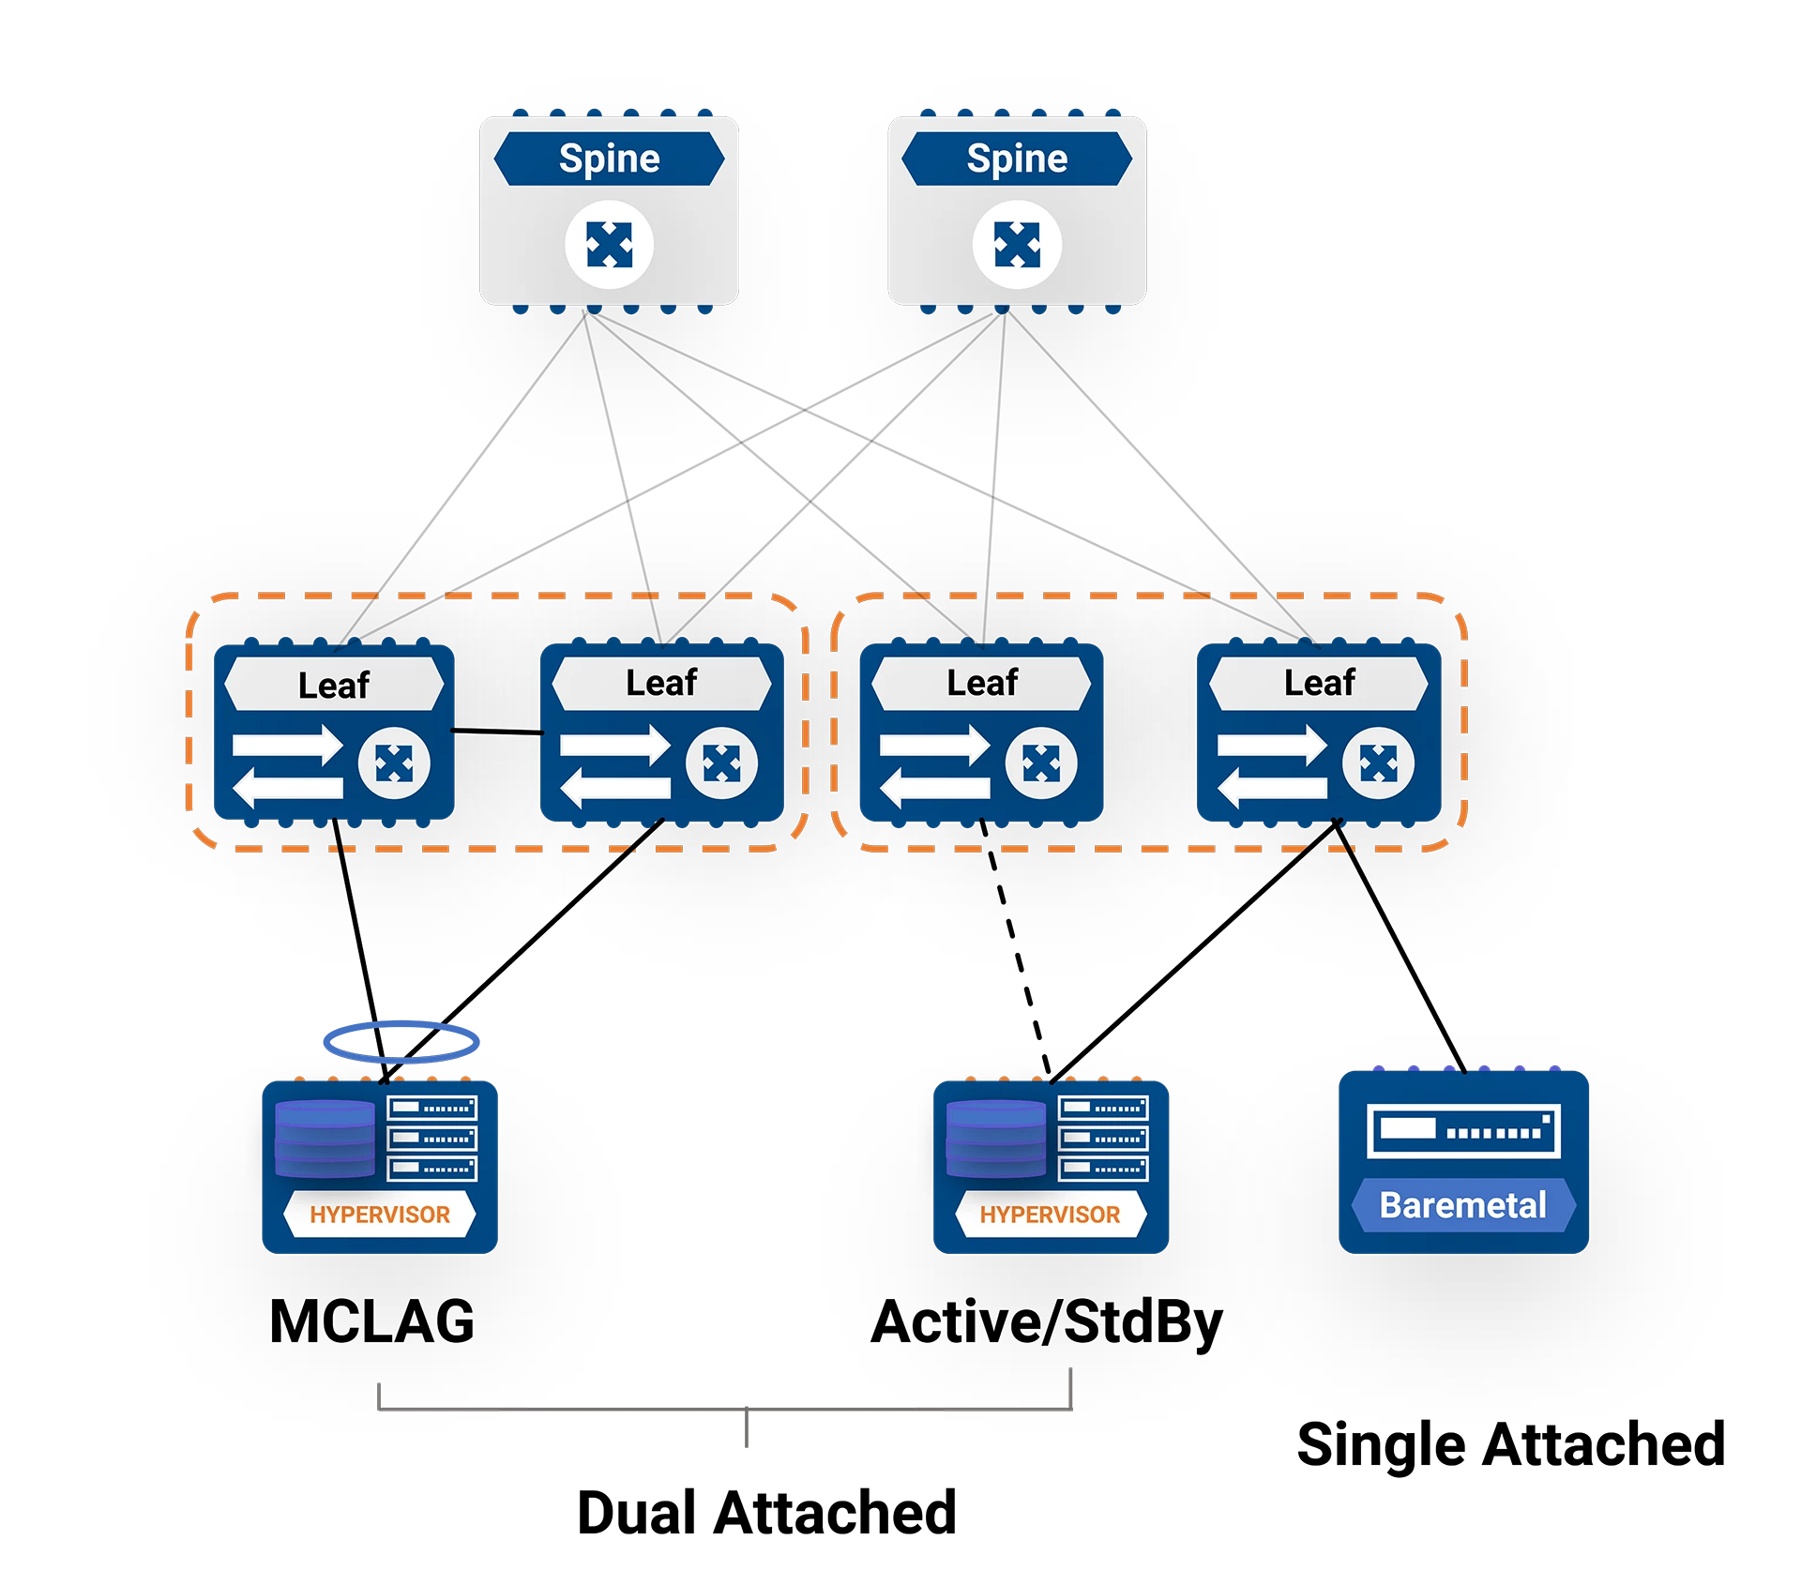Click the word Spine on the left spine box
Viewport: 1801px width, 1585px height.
[x=609, y=158]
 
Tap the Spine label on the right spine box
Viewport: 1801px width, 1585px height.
[x=1017, y=158]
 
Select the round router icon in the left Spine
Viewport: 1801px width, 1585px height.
[x=609, y=245]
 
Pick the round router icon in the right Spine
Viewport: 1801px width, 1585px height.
[x=1017, y=245]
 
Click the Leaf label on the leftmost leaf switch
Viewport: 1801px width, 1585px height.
[x=333, y=685]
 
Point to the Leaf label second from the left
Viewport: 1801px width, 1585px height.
[x=661, y=683]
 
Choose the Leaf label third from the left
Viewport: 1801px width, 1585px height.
[x=981, y=683]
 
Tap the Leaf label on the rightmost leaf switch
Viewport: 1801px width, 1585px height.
[x=1319, y=683]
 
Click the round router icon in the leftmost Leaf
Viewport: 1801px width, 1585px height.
[x=394, y=763]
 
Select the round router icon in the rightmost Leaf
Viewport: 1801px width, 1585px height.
[x=1378, y=763]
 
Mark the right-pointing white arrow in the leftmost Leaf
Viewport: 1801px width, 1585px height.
[x=287, y=746]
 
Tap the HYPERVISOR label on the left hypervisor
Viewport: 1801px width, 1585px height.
[x=380, y=1215]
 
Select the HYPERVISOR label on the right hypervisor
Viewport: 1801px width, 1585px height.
[x=1050, y=1215]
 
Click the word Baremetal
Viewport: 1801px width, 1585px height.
[x=1462, y=1205]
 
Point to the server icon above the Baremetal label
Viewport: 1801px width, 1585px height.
[x=1462, y=1131]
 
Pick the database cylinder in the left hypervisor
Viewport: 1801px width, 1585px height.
[x=325, y=1139]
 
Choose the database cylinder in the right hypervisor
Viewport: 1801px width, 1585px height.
[x=995, y=1139]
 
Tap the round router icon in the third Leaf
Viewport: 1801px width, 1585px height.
[x=1041, y=763]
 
